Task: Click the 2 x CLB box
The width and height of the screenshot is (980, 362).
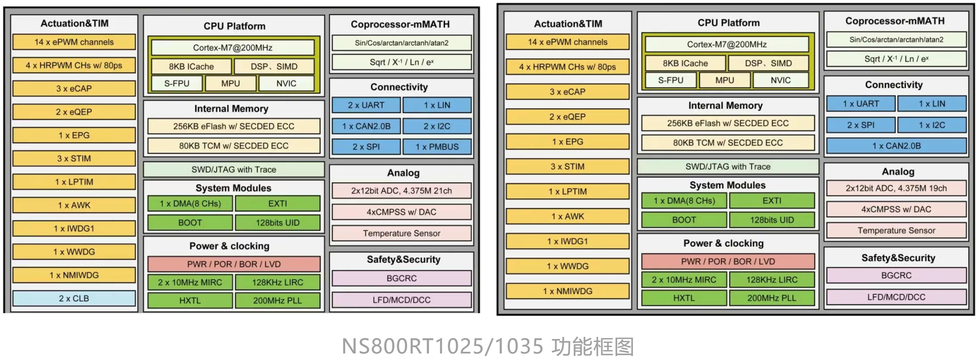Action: (x=74, y=299)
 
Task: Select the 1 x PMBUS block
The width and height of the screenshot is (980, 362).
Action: (x=437, y=147)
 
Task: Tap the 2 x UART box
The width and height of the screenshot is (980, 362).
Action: (x=366, y=105)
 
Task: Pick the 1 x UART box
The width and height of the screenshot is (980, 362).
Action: (x=861, y=103)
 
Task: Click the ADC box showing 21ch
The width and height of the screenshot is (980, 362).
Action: (x=401, y=191)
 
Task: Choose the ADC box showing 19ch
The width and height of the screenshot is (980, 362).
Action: (x=896, y=188)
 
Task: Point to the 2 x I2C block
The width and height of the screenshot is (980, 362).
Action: (x=437, y=126)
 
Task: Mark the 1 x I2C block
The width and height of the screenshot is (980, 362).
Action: (x=932, y=125)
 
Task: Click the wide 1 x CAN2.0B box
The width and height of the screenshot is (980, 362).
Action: (x=896, y=146)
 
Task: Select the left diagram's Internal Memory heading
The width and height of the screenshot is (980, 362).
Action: (x=231, y=109)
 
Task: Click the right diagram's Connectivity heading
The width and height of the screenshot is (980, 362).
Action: (x=893, y=85)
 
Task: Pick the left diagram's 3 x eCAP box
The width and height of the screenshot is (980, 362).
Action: (x=74, y=89)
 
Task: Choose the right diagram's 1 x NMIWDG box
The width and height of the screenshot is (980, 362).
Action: (x=567, y=291)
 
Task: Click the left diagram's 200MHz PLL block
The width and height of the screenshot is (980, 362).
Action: (x=277, y=301)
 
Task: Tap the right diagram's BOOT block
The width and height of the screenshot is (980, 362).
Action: (x=684, y=220)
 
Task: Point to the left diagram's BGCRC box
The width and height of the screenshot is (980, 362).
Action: (x=401, y=279)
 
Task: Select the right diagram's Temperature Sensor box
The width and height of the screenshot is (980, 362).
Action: (x=896, y=231)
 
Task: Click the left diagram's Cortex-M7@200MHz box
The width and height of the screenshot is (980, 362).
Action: (x=232, y=48)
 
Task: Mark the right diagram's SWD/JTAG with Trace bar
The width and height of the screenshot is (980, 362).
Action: (x=728, y=167)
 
